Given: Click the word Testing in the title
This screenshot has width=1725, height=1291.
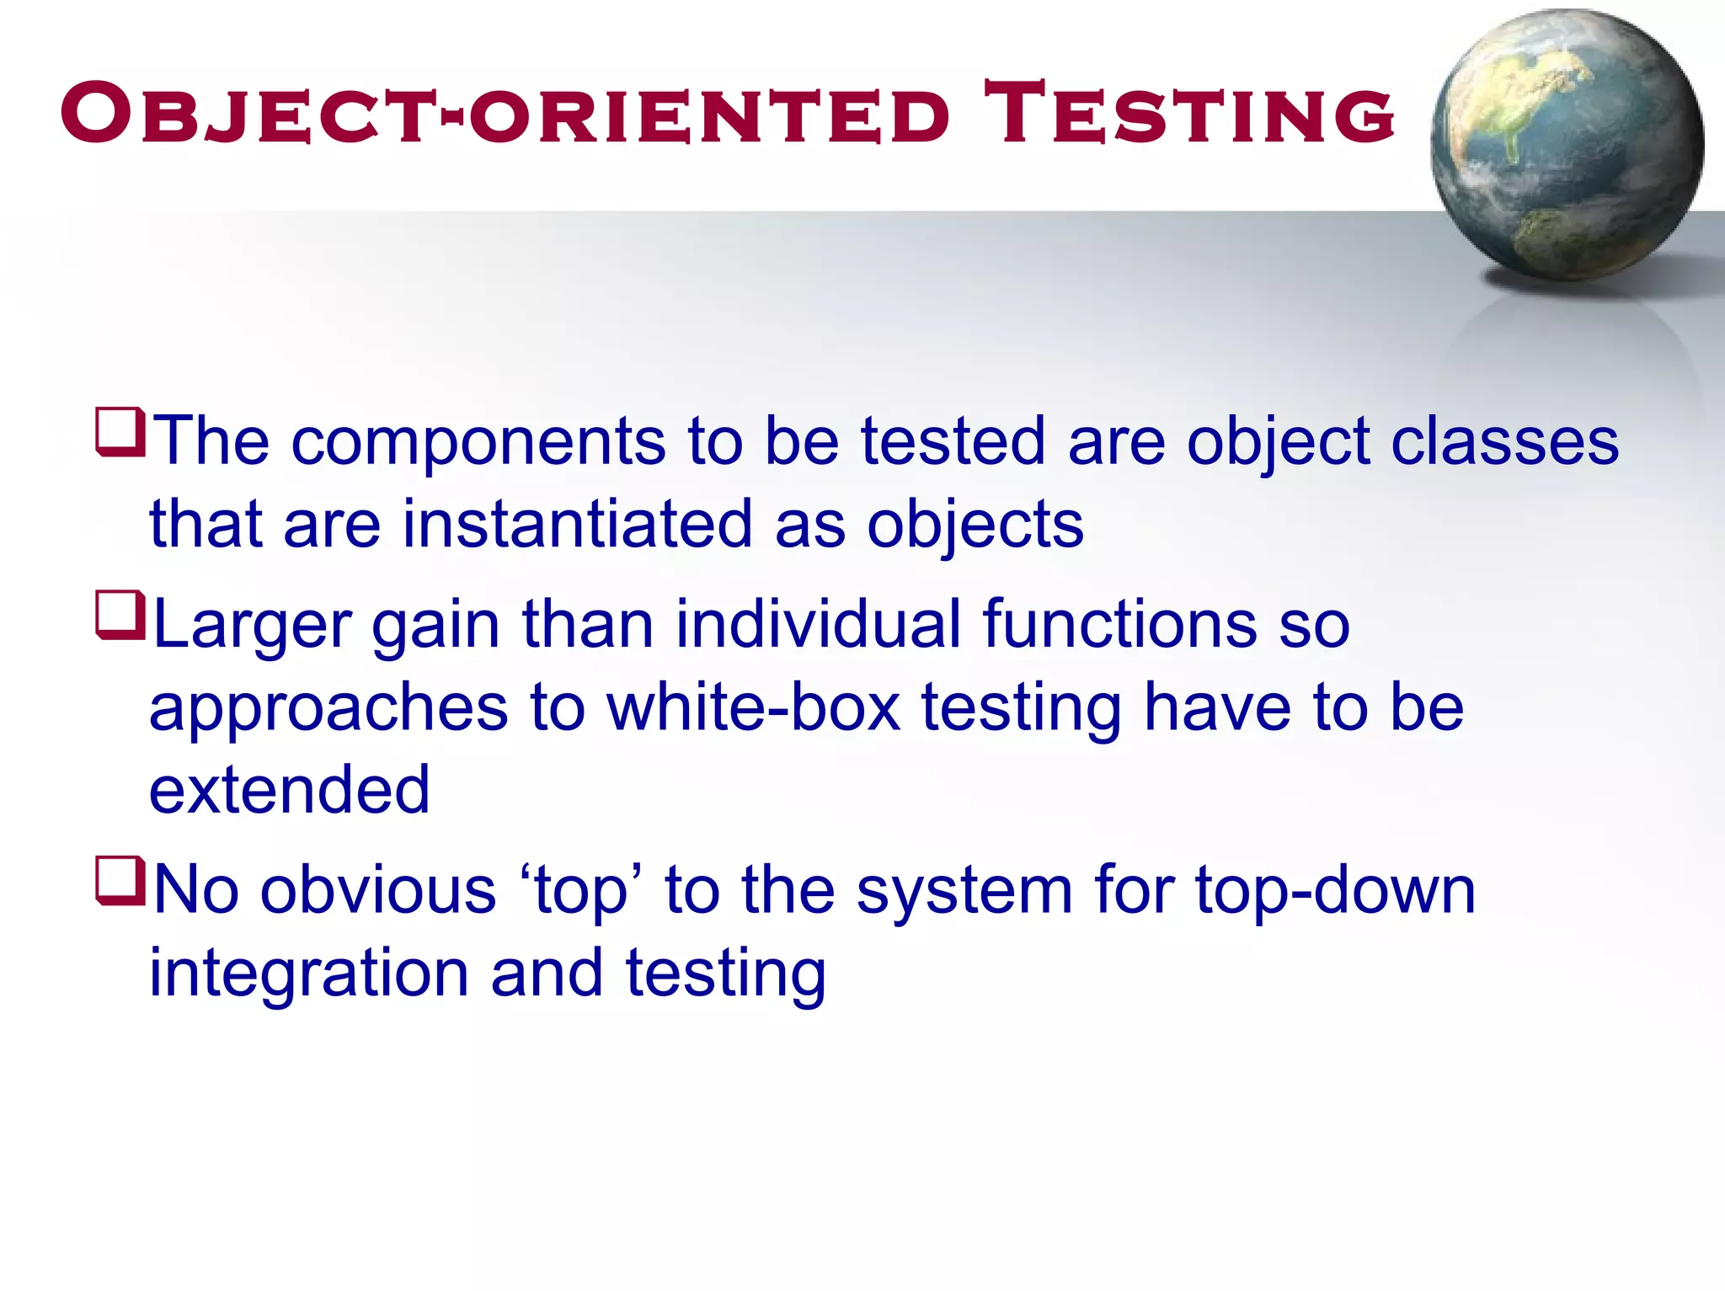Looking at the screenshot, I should point(1189,114).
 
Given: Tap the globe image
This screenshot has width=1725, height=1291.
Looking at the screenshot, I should point(1567,145).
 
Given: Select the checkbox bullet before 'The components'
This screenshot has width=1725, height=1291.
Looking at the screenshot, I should point(121,432).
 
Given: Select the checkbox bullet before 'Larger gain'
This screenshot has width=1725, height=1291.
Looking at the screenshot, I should point(121,616).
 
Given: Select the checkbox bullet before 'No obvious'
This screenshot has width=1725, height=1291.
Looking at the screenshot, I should point(121,882).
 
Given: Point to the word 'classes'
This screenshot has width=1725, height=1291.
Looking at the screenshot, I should point(1504,442).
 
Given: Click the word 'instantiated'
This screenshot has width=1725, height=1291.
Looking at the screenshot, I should point(577,525).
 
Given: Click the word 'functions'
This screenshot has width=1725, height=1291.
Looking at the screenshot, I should point(1119,624).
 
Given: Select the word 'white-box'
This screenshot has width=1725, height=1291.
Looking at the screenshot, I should point(754,707).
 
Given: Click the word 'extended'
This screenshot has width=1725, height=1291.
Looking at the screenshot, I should point(290,790).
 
